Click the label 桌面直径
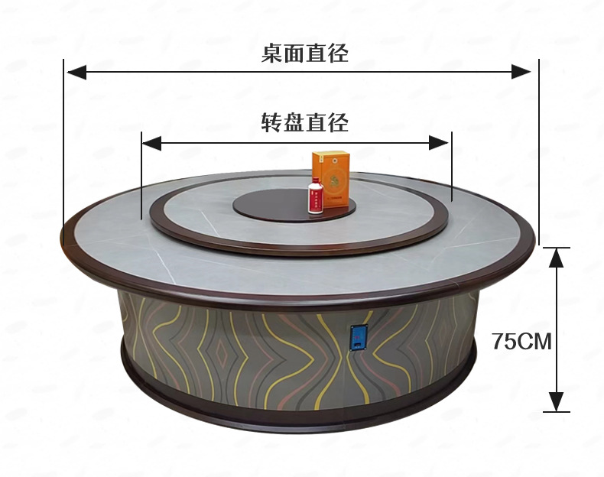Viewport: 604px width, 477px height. [x=304, y=53]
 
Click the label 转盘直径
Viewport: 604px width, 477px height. [x=304, y=122]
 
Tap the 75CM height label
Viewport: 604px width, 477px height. [x=521, y=341]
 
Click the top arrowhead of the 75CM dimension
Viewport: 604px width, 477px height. [x=558, y=257]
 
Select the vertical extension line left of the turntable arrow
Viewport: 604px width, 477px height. [x=141, y=176]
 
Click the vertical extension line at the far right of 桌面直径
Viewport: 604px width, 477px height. [x=539, y=153]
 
